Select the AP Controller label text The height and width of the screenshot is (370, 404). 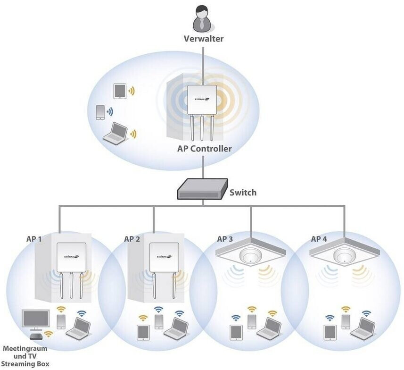[x=204, y=149]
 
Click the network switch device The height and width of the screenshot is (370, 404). [x=202, y=189]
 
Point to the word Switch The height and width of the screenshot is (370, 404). [x=243, y=192]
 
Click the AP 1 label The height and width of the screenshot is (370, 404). [x=34, y=239]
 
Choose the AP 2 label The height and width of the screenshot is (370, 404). [x=132, y=239]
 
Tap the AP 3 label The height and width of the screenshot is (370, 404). [x=225, y=239]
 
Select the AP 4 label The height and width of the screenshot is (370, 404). [x=319, y=239]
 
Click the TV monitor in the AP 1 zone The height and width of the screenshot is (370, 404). [x=35, y=319]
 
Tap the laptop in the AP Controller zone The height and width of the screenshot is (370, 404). [x=115, y=133]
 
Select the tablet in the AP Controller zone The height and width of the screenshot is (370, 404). [x=120, y=91]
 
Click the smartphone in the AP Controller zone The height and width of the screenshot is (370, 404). [x=100, y=112]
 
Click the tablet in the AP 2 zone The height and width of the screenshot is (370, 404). [x=142, y=332]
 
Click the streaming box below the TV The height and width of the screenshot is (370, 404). [x=35, y=336]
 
